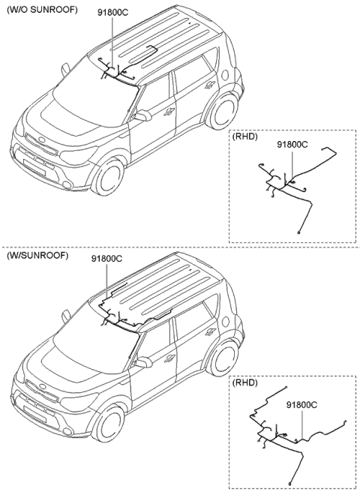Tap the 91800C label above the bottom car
pos(106,259)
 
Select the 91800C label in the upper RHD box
pos(292,145)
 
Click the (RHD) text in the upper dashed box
pos(246,136)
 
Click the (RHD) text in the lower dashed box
pos(246,382)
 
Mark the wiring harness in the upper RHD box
pos(285,187)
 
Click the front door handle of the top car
pos(169,112)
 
